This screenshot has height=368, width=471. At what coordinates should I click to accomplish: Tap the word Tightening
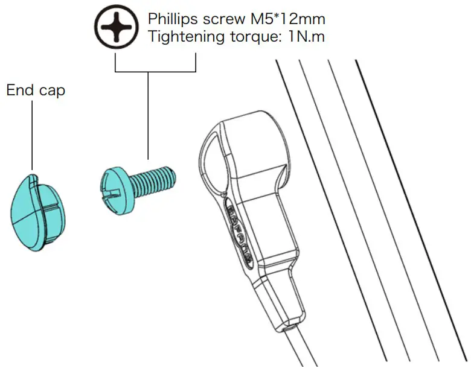tap(182, 37)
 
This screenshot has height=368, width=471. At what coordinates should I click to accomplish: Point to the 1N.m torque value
tap(306, 37)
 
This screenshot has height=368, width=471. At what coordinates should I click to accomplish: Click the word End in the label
tap(19, 90)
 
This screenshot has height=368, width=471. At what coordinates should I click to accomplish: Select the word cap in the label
tap(51, 92)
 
